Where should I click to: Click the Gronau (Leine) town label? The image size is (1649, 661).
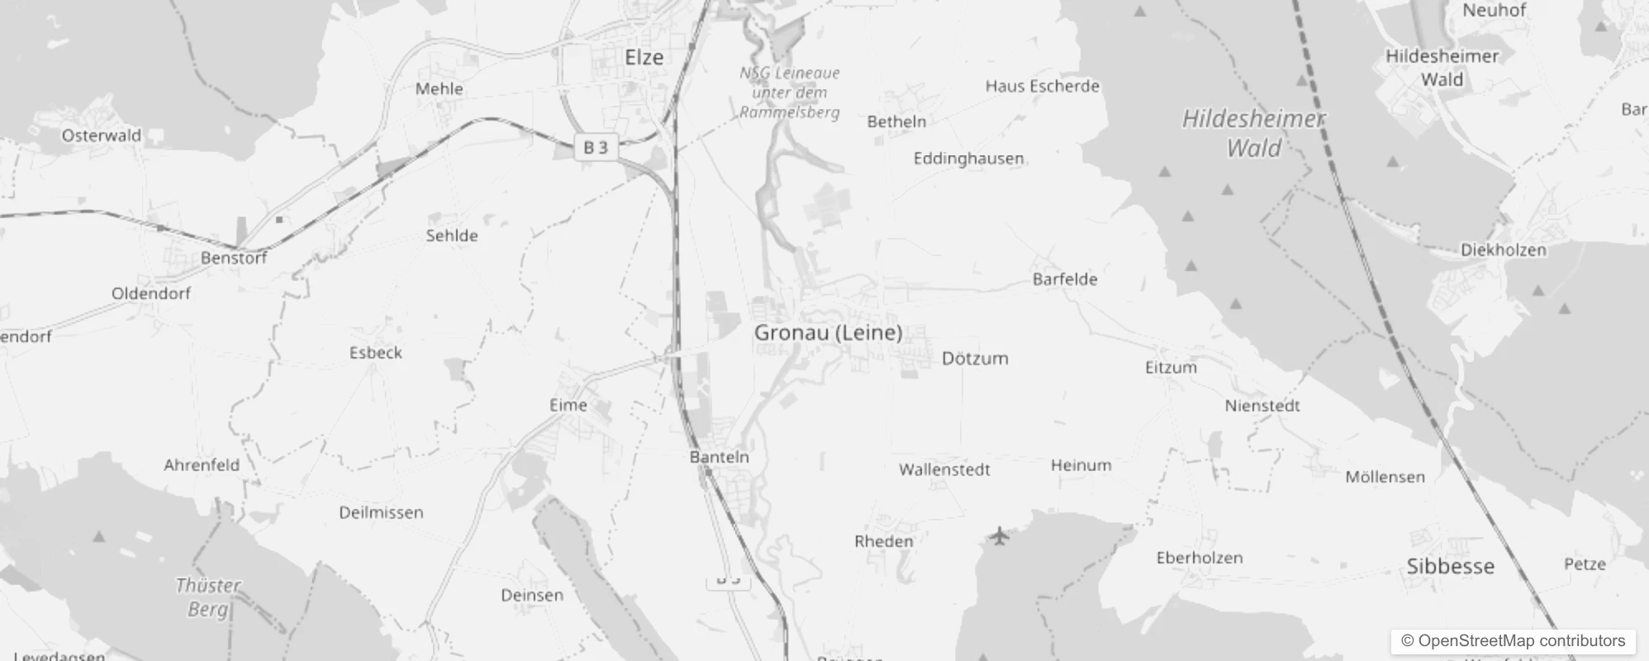828,333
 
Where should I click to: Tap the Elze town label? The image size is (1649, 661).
644,58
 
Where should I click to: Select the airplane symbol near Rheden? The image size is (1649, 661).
1000,536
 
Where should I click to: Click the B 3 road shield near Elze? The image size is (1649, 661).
596,148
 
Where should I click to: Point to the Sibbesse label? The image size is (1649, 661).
1450,567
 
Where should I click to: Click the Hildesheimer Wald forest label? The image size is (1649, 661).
1253,133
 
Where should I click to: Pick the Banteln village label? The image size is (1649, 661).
720,457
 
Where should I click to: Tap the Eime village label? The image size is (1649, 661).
568,406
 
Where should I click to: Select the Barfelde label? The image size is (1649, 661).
1065,279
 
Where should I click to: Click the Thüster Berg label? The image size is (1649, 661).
207,597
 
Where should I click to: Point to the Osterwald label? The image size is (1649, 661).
102,136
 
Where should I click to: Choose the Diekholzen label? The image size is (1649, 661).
1503,250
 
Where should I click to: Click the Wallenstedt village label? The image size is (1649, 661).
944,470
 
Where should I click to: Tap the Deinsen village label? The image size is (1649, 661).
532,596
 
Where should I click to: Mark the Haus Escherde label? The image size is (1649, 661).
1042,86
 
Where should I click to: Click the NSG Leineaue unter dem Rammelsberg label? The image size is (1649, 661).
790,93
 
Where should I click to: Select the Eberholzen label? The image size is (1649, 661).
1200,558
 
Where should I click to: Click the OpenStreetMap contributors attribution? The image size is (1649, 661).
1513,641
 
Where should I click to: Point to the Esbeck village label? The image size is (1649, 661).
376,353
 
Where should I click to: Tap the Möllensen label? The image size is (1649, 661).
1385,477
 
